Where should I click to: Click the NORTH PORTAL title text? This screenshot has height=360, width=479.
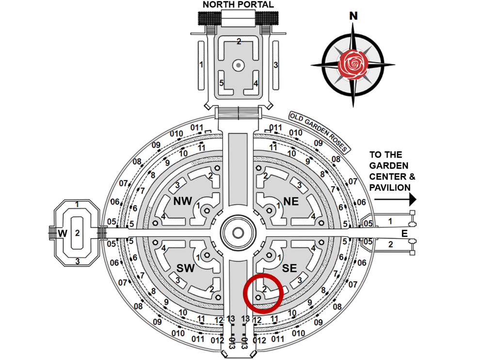pos(238,4)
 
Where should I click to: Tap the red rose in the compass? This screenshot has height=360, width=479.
pos(353,63)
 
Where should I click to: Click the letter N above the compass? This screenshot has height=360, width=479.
pos(353,16)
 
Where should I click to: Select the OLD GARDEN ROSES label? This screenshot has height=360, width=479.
pos(319,132)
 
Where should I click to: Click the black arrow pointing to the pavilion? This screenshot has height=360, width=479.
pos(393,199)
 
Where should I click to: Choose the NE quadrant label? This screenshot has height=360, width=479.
pos(291,201)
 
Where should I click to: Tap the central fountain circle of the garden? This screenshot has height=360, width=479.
pos(238,233)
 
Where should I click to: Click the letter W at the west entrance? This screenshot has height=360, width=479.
pos(63,233)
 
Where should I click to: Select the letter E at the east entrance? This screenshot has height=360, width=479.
pos(403,233)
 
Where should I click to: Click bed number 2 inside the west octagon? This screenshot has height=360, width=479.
pos(77,233)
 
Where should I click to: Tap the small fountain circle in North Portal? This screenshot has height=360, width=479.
pos(238,65)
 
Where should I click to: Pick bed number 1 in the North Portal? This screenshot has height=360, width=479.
pos(201,65)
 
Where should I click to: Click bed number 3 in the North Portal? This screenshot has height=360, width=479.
pos(275,65)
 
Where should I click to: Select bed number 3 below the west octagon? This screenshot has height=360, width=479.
pos(77,262)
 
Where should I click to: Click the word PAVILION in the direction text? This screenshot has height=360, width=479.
pos(389,187)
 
